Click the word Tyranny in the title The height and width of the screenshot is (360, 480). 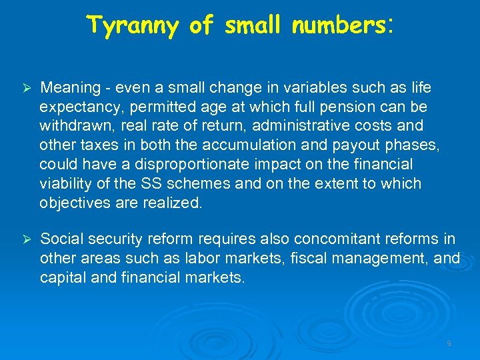(x=133, y=26)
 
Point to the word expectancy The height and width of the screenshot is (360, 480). (x=79, y=107)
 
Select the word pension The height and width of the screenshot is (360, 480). (x=334, y=107)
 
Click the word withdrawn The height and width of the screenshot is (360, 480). (x=71, y=126)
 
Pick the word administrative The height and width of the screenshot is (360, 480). (x=291, y=126)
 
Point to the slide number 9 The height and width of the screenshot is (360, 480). (x=449, y=343)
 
